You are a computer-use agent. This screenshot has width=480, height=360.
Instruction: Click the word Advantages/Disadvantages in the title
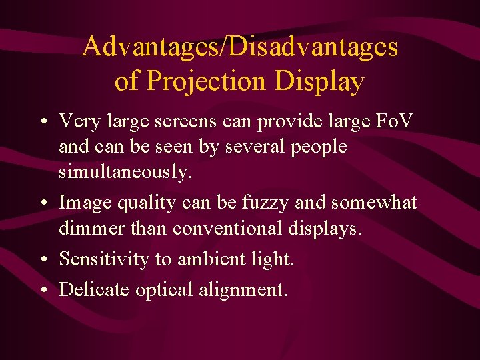pos(240,47)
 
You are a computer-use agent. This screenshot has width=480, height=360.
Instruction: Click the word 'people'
pos(319,147)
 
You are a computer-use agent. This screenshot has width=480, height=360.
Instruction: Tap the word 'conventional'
pos(230,228)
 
